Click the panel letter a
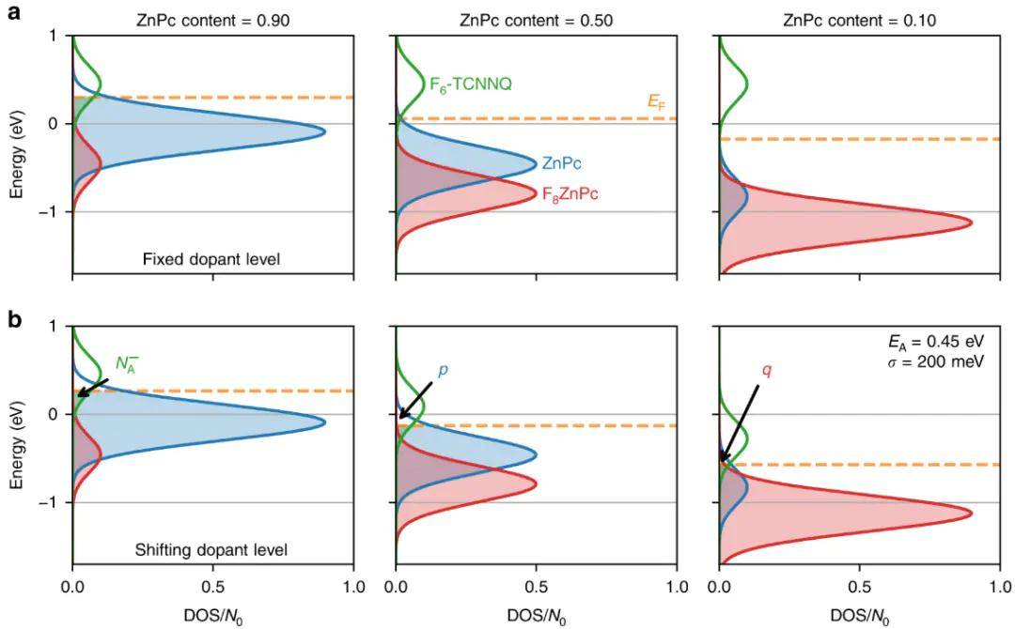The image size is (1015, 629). (14, 16)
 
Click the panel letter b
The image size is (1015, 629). (14, 318)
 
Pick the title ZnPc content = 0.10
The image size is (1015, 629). (858, 19)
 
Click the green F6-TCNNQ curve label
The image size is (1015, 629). (471, 84)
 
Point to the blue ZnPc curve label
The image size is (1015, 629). (561, 163)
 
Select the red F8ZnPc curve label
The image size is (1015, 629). (570, 195)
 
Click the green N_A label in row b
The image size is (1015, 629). (127, 363)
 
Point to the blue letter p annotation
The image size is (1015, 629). (443, 370)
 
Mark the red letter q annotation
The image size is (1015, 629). (767, 370)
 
